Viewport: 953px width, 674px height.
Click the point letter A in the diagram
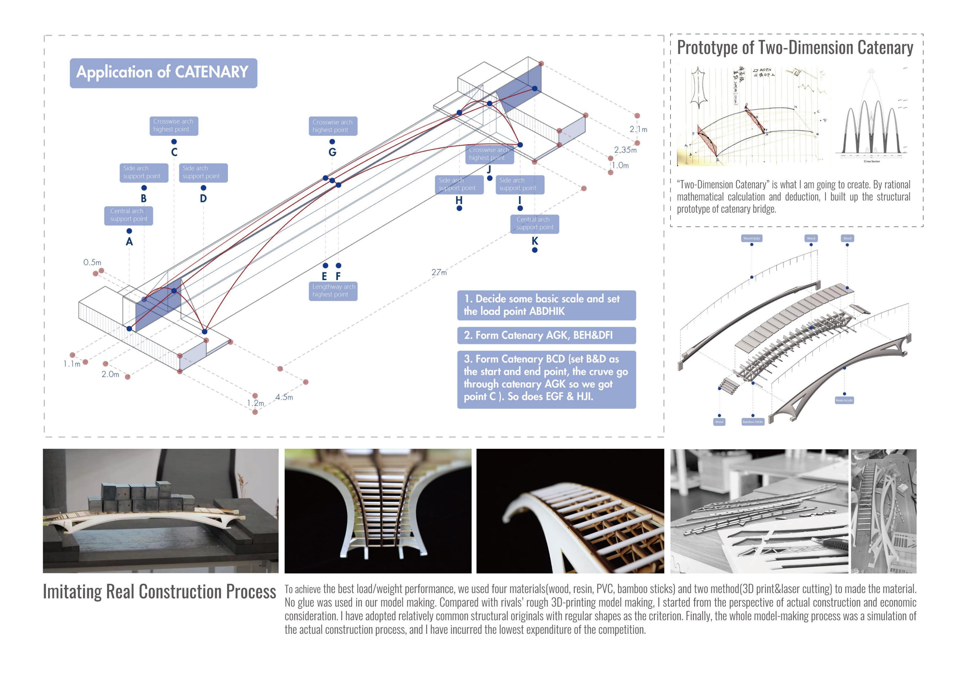coord(129,241)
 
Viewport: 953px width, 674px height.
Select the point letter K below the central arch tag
coord(535,241)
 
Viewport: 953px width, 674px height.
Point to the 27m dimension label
coord(439,272)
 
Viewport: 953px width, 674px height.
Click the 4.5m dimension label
coord(284,397)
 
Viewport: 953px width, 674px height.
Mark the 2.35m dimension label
coord(625,150)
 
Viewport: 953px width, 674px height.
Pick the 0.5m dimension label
coord(92,262)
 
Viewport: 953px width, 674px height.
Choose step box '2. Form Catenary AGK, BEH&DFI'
coord(546,335)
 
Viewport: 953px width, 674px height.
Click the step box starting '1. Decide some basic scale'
coord(546,305)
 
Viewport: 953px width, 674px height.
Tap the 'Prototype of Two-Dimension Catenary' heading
coord(795,48)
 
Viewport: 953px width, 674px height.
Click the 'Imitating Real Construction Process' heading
coord(160,592)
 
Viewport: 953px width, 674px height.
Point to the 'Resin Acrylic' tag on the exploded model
coord(844,400)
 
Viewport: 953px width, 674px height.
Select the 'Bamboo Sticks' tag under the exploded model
coord(752,422)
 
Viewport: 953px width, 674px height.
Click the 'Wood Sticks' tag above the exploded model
coord(751,238)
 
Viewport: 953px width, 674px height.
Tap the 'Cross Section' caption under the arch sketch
coord(872,161)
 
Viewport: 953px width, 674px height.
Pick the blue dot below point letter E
coord(326,266)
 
